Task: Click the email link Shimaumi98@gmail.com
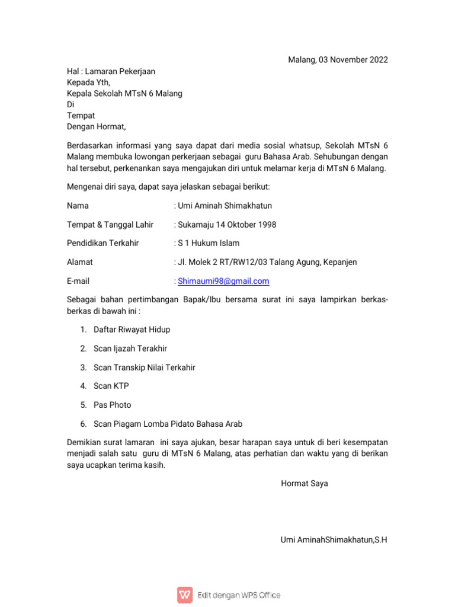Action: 223,281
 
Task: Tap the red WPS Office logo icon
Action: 185,595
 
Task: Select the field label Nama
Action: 78,206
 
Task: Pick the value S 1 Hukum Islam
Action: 209,244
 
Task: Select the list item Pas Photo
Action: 112,405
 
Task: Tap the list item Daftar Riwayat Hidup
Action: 132,330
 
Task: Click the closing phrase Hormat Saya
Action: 304,483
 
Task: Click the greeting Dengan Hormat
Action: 97,126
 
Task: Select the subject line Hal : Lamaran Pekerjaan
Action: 111,71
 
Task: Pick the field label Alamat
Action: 79,262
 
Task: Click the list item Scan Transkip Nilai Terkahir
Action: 144,368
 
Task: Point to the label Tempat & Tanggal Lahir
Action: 110,225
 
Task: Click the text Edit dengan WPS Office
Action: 239,595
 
